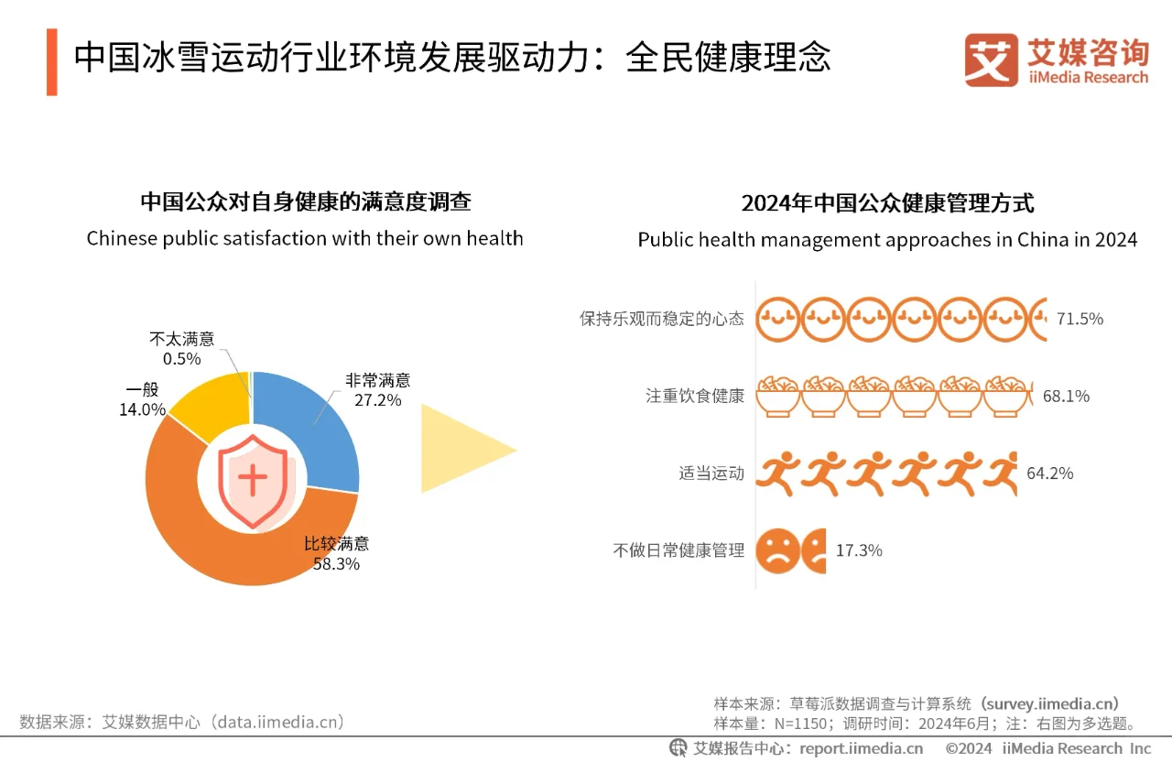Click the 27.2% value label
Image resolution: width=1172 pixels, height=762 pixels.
click(x=377, y=399)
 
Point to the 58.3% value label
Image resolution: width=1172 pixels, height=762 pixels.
click(x=336, y=564)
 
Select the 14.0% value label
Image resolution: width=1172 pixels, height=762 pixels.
click(x=142, y=409)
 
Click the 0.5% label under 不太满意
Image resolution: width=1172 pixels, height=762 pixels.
click(x=181, y=358)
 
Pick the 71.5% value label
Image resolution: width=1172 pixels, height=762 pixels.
click(x=1080, y=319)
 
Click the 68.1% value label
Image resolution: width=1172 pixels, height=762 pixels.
click(x=1066, y=396)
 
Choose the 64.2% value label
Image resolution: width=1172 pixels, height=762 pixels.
click(x=1049, y=474)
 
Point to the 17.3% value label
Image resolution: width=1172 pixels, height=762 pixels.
click(x=859, y=550)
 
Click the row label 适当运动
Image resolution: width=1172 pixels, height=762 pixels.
click(x=711, y=474)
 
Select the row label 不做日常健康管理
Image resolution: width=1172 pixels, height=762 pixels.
click(x=678, y=550)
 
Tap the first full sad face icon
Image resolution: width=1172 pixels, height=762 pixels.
click(x=776, y=550)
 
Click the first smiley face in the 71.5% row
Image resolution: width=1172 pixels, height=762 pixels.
click(x=778, y=319)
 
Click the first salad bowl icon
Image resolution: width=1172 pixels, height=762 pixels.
click(x=778, y=396)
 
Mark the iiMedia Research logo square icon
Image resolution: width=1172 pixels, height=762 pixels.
click(x=991, y=60)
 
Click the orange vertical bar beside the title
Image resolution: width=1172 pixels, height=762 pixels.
click(x=52, y=61)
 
